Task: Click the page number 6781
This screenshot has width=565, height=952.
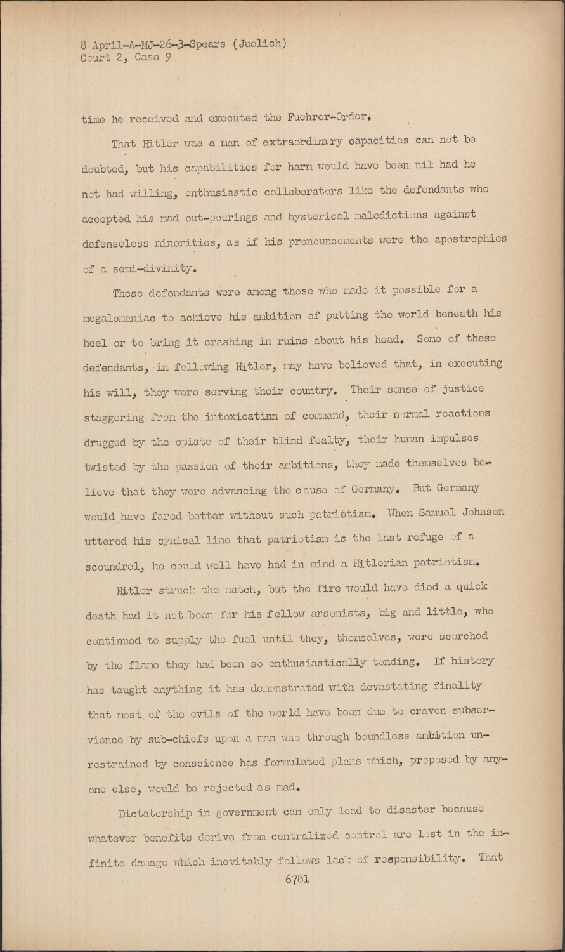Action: [x=297, y=879]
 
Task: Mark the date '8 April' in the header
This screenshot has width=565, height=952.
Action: [x=103, y=44]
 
